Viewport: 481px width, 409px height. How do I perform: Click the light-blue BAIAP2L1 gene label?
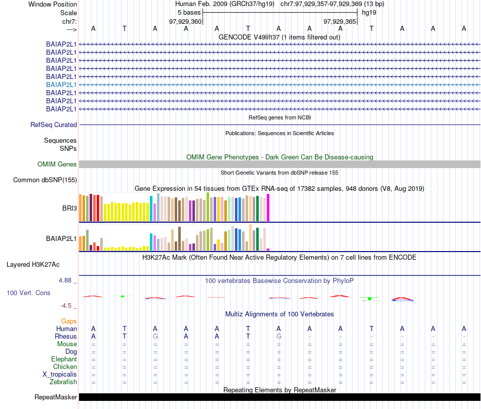pos(61,85)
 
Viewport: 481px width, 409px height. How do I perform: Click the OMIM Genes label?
pos(57,164)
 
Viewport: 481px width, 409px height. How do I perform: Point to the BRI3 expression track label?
pos(69,208)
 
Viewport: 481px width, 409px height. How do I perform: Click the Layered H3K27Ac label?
pos(33,264)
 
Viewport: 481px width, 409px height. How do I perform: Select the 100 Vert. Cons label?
pos(28,293)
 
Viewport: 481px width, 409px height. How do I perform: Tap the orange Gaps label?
pos(69,321)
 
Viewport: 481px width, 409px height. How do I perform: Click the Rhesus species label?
pos(66,336)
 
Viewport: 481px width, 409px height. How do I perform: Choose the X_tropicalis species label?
pos(60,374)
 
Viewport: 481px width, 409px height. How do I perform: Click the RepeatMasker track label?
pos(56,397)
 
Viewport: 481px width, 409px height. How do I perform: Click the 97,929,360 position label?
pos(185,22)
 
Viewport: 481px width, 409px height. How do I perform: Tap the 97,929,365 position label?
pos(340,22)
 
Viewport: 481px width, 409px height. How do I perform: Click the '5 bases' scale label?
pos(189,13)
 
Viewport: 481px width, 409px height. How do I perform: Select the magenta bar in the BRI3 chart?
pos(268,208)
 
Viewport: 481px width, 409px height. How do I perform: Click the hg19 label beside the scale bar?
pos(369,13)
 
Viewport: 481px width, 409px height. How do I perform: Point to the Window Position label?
pos(53,4)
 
